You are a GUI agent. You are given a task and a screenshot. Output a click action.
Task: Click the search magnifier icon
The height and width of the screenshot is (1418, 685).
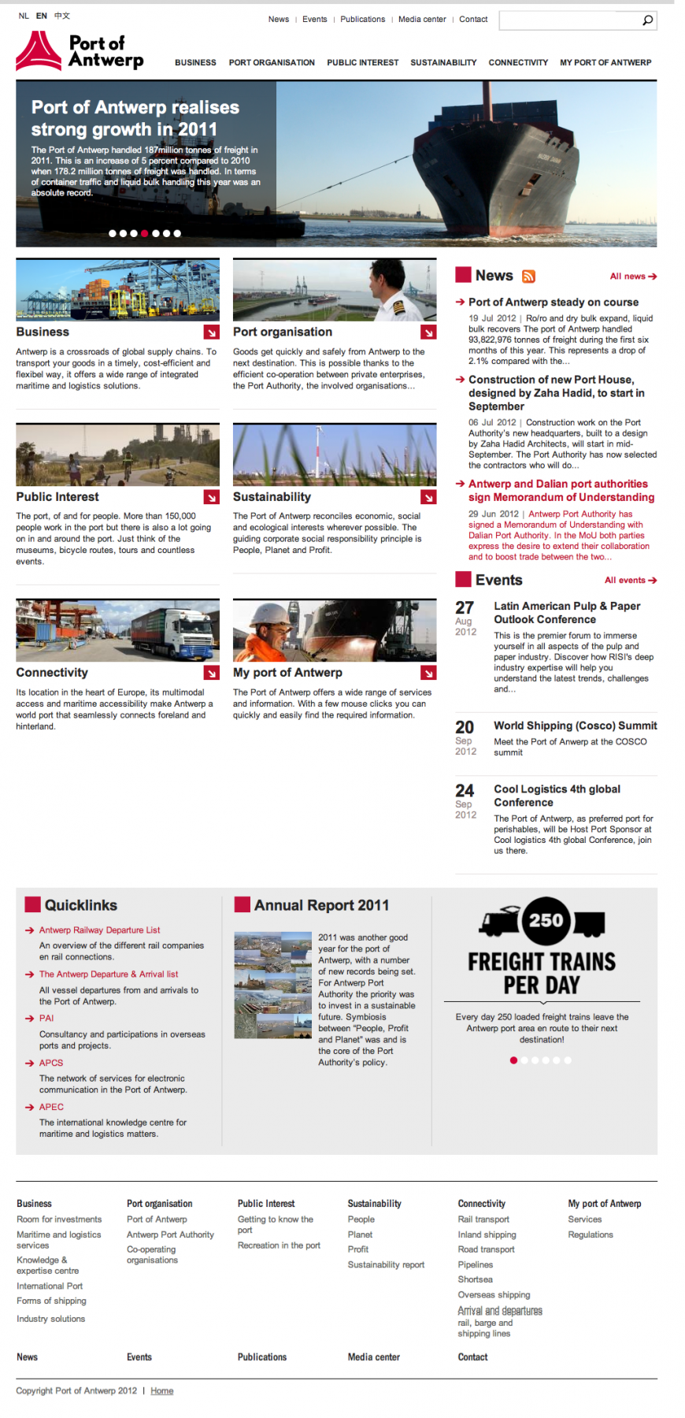coord(647,20)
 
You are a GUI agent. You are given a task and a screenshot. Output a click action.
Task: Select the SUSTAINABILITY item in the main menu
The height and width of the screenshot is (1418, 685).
coord(443,63)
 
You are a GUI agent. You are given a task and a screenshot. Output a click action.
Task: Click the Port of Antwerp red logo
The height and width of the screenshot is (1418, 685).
coord(39,51)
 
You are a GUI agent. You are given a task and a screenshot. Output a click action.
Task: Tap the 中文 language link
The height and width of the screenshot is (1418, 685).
coord(62,16)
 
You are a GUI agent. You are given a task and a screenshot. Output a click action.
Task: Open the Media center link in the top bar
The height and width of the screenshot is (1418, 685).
coord(422,20)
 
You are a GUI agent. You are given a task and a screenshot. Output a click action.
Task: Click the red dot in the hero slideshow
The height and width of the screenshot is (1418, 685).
coord(144,234)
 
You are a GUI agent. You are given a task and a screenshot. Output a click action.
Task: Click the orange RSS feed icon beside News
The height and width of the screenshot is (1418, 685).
coord(529,277)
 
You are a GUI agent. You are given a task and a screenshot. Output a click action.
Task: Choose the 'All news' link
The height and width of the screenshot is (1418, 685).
coord(632,277)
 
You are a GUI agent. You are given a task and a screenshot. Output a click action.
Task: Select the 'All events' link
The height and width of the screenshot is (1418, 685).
coord(630,581)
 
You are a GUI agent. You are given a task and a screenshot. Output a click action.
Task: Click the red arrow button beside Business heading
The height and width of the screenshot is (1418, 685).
coord(212,332)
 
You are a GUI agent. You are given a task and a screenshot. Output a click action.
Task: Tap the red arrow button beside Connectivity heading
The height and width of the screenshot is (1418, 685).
coord(212,673)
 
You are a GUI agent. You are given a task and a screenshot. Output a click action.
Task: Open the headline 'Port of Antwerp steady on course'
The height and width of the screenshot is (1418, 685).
coord(554,303)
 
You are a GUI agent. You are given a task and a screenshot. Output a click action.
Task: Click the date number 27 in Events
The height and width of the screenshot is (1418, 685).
coord(465,608)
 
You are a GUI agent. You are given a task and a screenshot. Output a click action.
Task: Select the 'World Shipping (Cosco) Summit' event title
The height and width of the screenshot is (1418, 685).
coord(575,726)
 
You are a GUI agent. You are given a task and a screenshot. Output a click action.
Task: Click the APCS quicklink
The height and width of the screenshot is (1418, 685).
coord(51,1063)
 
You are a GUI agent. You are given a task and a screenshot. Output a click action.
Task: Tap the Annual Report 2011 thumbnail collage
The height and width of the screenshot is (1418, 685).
coord(273,985)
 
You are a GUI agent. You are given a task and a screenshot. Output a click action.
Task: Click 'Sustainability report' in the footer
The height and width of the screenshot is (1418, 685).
coord(386,1265)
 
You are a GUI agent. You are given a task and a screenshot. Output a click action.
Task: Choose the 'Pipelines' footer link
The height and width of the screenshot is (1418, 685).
coord(476,1265)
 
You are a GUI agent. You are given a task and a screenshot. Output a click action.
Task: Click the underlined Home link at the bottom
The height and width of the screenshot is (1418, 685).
coord(162,1391)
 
